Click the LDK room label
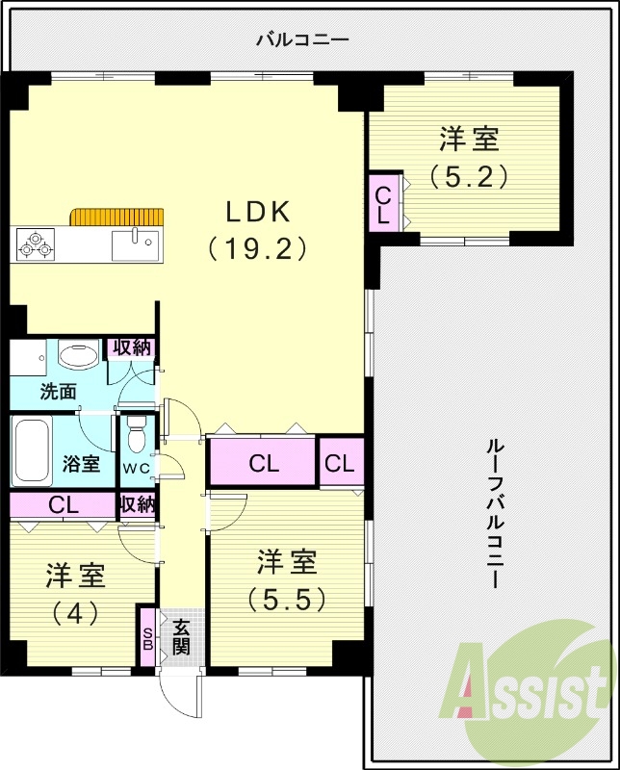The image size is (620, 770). click(x=258, y=212)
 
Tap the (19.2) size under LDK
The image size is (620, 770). click(x=258, y=249)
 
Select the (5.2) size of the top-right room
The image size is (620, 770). click(x=469, y=176)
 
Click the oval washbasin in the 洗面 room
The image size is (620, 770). click(x=77, y=357)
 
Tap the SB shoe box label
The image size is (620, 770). click(x=147, y=638)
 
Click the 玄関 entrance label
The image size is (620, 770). click(x=181, y=636)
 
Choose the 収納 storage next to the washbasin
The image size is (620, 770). click(x=133, y=348)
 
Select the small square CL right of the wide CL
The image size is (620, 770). click(x=340, y=463)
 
